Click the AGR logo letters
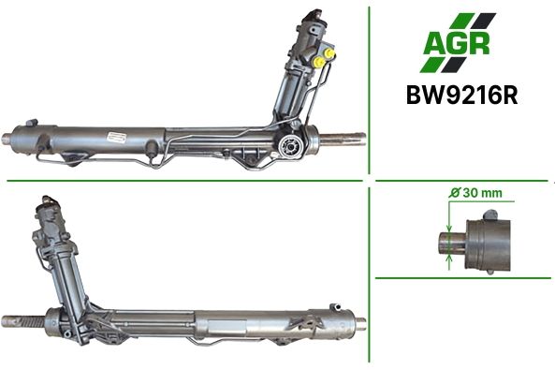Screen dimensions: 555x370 click(456, 44)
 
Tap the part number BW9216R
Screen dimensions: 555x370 click(462, 95)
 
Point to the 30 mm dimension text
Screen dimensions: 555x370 click(482, 193)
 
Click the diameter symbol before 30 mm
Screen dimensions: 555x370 click(455, 193)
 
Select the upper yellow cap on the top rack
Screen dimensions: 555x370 click(330, 53)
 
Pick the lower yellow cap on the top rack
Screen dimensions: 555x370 click(320, 62)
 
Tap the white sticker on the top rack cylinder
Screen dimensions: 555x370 click(117, 137)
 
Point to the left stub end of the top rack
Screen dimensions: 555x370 click(7, 139)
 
